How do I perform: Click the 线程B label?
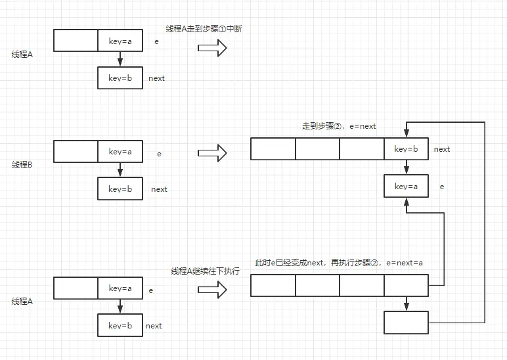coord(22,165)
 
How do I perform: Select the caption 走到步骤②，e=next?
coord(339,125)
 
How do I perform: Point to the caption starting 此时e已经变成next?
coord(339,262)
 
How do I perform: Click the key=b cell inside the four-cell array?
coord(406,149)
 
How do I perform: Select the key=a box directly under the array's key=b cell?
coord(406,187)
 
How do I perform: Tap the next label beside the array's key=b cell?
coord(442,149)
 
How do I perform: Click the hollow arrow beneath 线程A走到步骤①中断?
coord(212,48)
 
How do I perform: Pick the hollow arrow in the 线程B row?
coord(212,153)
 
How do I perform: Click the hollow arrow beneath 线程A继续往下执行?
coord(212,290)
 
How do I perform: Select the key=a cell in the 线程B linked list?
coord(120,152)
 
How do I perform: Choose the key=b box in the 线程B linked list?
coord(120,189)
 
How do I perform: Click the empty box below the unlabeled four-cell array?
coord(406,323)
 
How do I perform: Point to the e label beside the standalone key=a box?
coord(441,187)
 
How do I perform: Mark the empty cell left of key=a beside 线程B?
coord(76,152)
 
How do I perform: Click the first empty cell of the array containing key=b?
coord(273,149)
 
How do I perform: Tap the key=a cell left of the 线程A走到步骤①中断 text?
coord(120,41)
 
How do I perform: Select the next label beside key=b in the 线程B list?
coord(159,189)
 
